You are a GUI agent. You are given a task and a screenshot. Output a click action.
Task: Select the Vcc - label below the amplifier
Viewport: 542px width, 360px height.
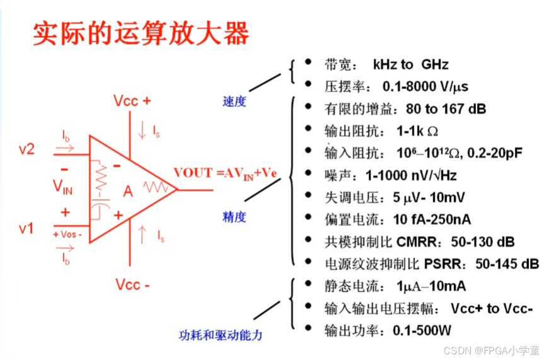tap(132, 285)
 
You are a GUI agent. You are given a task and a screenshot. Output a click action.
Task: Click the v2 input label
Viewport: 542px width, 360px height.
tap(26, 149)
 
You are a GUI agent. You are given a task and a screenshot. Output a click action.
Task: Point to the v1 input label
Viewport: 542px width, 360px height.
tap(26, 228)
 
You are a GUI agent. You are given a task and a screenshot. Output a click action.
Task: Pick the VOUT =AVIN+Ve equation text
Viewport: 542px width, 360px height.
tap(225, 173)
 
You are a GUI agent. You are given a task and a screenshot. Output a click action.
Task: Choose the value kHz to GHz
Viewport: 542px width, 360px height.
tap(410, 64)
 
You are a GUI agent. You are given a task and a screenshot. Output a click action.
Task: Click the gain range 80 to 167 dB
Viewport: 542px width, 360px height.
tap(446, 109)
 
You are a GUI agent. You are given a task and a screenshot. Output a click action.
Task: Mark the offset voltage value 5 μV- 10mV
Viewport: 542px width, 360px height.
tap(429, 197)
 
